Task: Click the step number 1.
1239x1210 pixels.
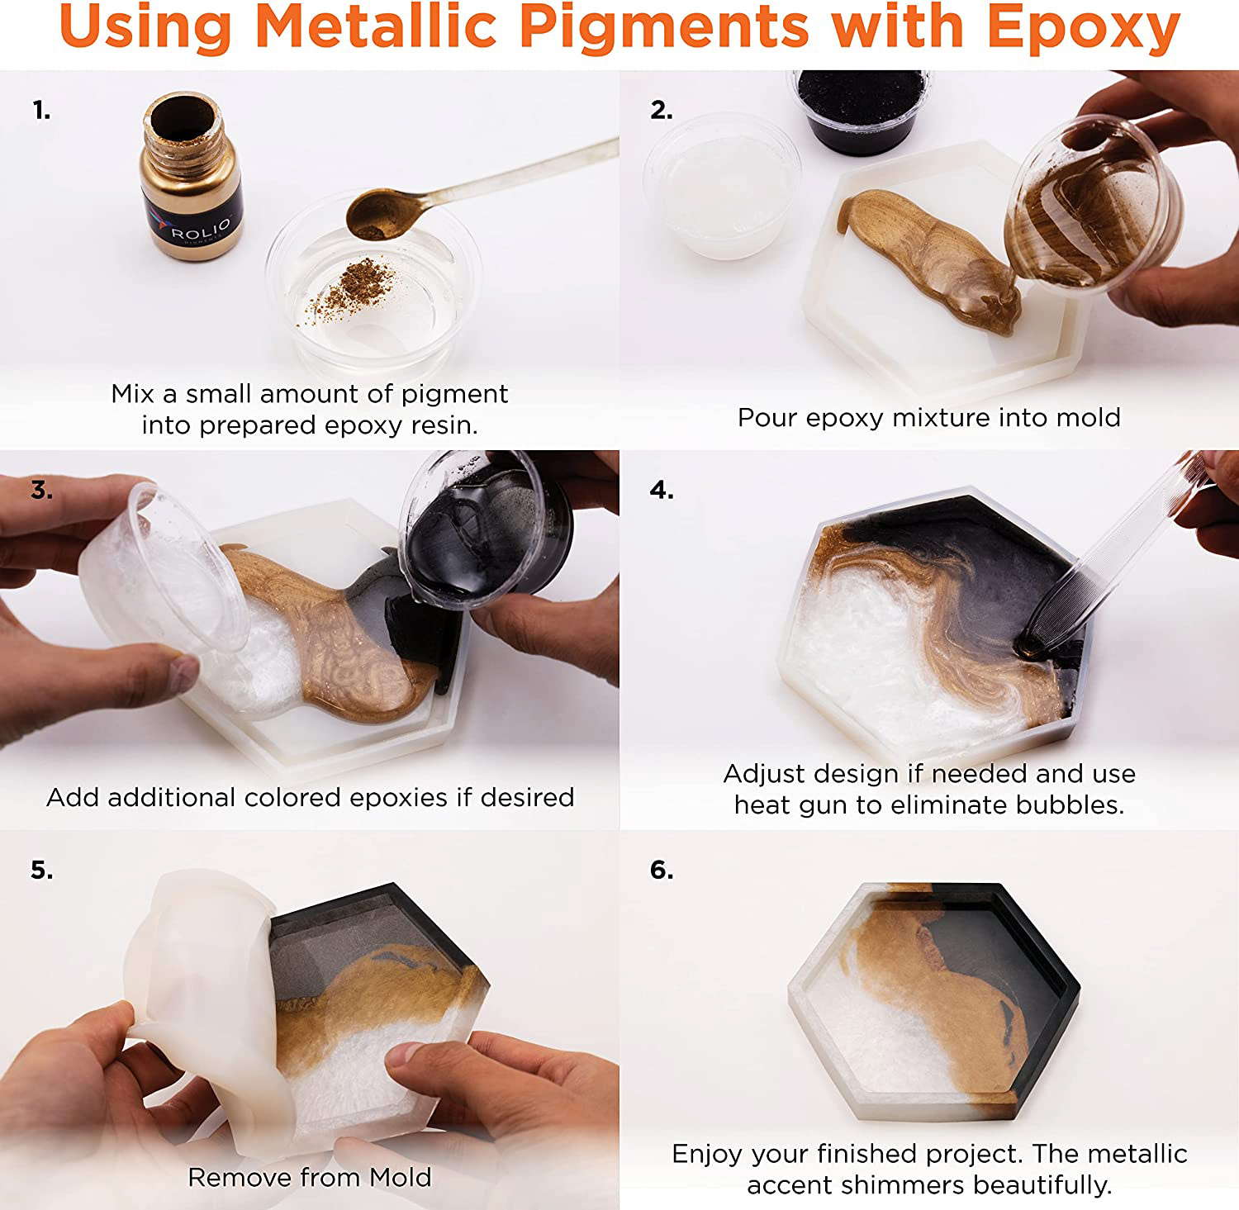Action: tap(41, 110)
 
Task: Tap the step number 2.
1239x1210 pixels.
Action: tap(661, 110)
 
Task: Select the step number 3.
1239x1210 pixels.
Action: tap(41, 490)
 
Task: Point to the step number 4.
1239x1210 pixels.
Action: tap(662, 490)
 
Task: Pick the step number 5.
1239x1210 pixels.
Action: tap(41, 870)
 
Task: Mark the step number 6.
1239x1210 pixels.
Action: tap(662, 870)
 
